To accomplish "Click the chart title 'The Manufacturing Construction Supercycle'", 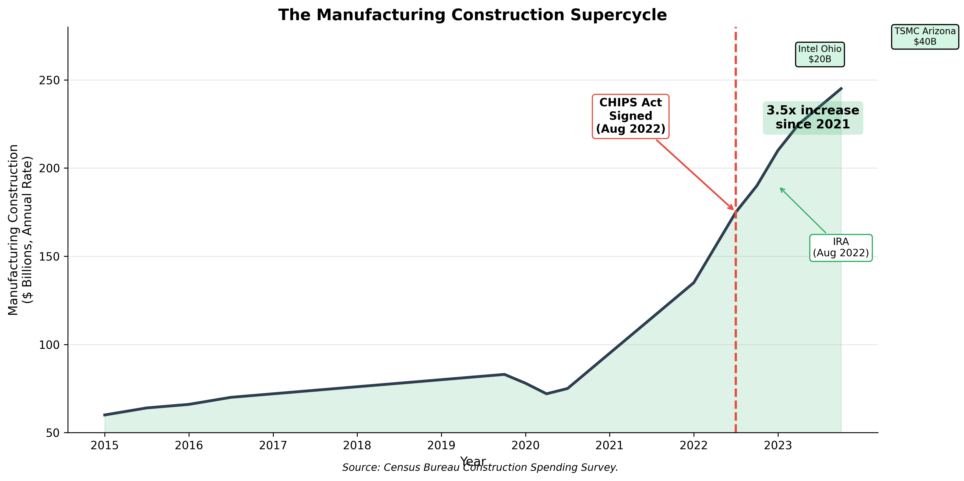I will coord(472,15).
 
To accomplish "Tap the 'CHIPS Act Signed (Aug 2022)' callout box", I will coord(631,116).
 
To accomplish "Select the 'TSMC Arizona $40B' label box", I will coord(925,37).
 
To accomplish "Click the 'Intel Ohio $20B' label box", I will coord(819,54).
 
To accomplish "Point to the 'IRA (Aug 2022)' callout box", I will coord(841,247).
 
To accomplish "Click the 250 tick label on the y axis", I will coord(50,80).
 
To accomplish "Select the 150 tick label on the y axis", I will coord(50,257).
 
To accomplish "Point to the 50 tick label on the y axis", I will coord(53,433).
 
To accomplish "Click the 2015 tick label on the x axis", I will coord(104,445).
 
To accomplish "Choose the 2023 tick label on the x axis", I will coord(778,445).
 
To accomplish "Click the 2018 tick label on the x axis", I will coord(357,445).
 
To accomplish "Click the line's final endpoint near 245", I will coord(841,88).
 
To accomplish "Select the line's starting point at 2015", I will coord(105,415).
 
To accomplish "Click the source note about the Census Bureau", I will coord(480,468).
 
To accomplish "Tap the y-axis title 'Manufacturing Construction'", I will coord(13,230).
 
